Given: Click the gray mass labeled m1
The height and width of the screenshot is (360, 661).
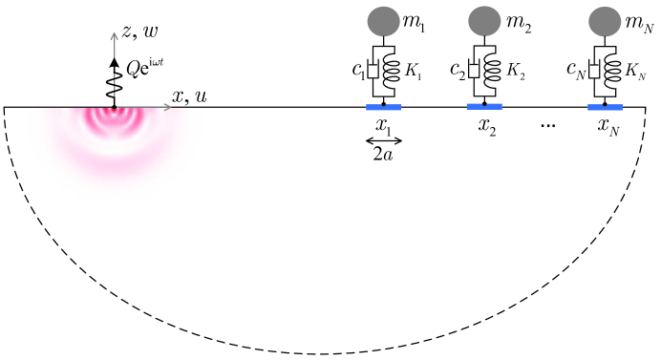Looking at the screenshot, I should (383, 18).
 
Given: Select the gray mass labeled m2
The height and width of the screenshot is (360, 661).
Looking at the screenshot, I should (485, 18).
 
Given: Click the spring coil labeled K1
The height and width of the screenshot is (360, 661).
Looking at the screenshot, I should (392, 72).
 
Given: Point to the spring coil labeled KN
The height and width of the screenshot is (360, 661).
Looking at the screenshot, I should (613, 72).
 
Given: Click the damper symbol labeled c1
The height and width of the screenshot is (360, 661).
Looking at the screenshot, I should (375, 72).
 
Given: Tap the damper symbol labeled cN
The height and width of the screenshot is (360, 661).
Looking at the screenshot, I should (597, 72).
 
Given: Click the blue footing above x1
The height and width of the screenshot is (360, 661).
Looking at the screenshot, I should (383, 107).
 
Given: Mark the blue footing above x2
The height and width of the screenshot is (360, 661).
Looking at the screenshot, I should (485, 107).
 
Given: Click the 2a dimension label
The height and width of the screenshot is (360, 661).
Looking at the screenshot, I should (383, 153).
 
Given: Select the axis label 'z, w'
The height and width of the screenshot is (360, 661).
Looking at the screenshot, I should (139, 31).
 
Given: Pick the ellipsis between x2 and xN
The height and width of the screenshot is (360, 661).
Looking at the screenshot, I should (547, 126).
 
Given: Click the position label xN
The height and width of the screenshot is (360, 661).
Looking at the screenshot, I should (608, 126).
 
